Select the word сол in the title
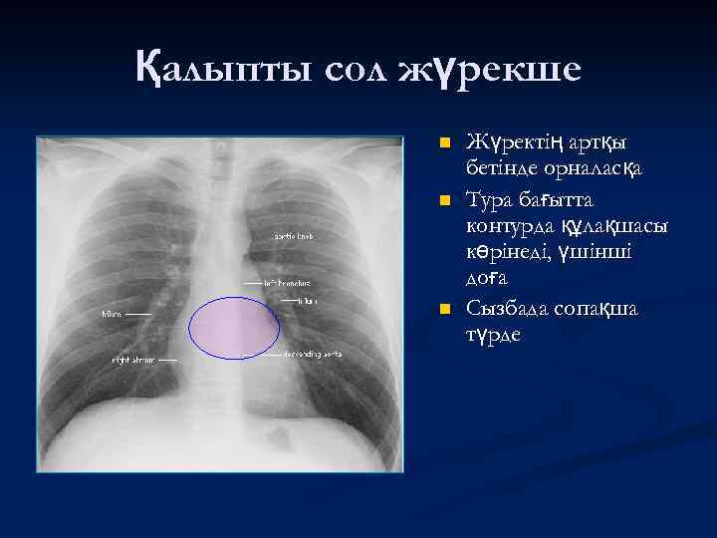pos(353,70)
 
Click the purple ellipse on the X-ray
pos(235,327)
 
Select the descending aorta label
pos(312,354)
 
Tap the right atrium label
pos(132,358)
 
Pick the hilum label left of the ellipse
pos(111,314)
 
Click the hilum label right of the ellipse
pos(307,300)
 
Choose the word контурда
pos(517,226)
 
